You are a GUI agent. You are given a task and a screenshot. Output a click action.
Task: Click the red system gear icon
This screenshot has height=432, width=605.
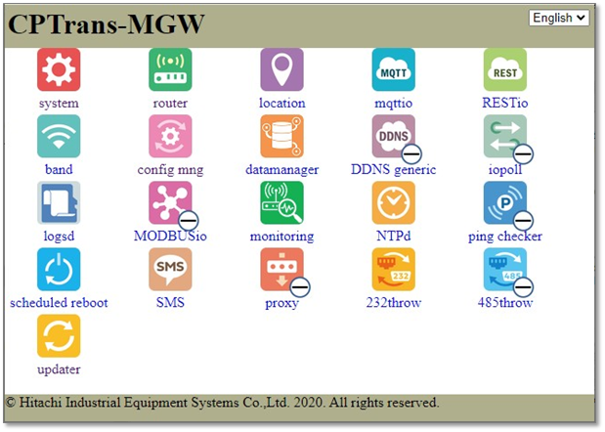pyautogui.click(x=59, y=69)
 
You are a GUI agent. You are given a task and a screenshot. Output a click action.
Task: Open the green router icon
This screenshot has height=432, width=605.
pyautogui.click(x=170, y=69)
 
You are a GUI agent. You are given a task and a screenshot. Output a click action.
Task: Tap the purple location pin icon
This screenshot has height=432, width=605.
pyautogui.click(x=281, y=69)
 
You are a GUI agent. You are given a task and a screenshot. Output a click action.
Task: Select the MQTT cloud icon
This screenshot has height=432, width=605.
pyautogui.click(x=394, y=69)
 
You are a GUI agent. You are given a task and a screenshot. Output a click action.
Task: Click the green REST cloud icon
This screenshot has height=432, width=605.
pyautogui.click(x=505, y=69)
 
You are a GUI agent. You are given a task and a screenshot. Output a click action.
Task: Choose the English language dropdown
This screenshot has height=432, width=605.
pyautogui.click(x=559, y=18)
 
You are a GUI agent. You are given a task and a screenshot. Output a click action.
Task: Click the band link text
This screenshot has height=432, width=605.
pyautogui.click(x=59, y=170)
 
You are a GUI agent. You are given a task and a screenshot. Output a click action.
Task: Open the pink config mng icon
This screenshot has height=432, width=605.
pyautogui.click(x=170, y=136)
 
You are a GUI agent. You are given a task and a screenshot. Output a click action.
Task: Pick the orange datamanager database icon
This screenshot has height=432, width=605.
pyautogui.click(x=281, y=136)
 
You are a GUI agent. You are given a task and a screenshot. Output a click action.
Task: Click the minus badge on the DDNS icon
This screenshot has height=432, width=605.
pyautogui.click(x=411, y=154)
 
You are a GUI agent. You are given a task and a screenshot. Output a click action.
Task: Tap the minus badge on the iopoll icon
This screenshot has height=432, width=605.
pyautogui.click(x=523, y=154)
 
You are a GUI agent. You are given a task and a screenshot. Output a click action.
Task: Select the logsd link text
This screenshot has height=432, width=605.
pyautogui.click(x=59, y=237)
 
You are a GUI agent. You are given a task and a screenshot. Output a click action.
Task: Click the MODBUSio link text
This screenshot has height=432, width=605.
pyautogui.click(x=170, y=237)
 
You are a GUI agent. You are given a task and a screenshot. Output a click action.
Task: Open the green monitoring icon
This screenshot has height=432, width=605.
pyautogui.click(x=281, y=203)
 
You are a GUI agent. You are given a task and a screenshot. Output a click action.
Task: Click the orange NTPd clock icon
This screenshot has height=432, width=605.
pyautogui.click(x=394, y=203)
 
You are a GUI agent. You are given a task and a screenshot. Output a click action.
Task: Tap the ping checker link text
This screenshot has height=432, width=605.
pyautogui.click(x=505, y=237)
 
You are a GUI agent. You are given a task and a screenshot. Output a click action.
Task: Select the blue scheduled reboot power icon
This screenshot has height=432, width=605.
pyautogui.click(x=59, y=269)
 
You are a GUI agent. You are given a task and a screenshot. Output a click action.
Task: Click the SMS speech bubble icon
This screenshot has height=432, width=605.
pyautogui.click(x=170, y=269)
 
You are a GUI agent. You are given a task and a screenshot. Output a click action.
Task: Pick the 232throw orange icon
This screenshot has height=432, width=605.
pyautogui.click(x=394, y=269)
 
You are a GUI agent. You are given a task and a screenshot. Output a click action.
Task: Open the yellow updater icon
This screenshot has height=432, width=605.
pyautogui.click(x=59, y=336)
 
